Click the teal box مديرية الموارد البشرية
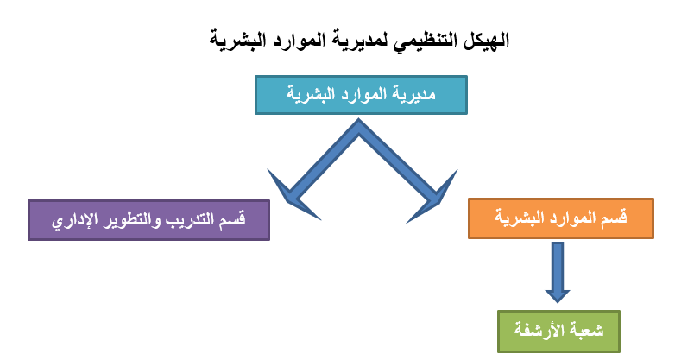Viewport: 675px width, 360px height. tap(361, 95)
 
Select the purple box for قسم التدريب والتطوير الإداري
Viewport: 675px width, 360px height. tap(149, 220)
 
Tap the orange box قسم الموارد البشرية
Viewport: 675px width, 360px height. tap(561, 218)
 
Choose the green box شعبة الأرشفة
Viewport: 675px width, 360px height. tap(558, 332)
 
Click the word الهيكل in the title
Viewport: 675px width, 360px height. tap(487, 40)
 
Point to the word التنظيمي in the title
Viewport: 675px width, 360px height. tap(426, 41)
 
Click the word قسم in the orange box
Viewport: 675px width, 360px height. tap(615, 218)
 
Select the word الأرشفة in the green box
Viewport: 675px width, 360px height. tap(539, 331)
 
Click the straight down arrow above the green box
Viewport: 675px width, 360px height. tap(558, 272)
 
